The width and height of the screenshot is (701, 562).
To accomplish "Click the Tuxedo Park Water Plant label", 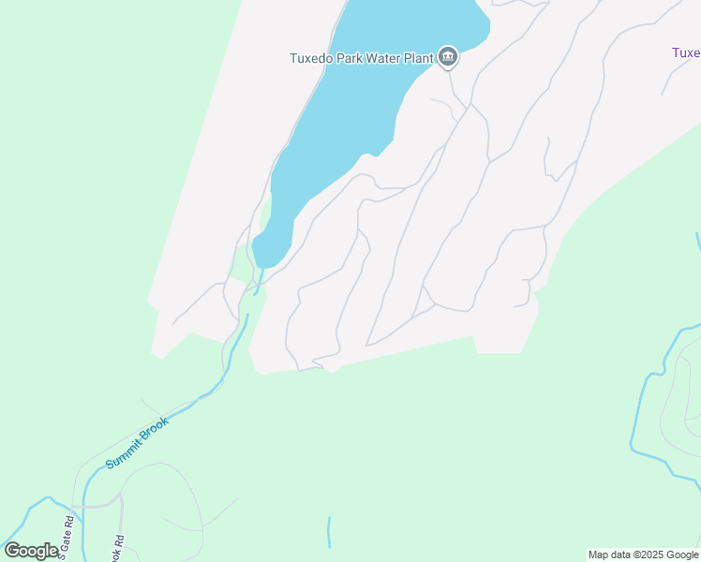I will coord(361,58).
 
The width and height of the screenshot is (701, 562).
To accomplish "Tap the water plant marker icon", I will coord(448,58).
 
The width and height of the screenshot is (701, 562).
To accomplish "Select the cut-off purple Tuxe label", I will coord(686,52).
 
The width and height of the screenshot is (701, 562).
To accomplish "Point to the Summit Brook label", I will coord(137,443).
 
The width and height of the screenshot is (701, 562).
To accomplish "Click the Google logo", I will coord(31,551).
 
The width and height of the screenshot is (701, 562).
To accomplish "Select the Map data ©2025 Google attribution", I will coord(643,555).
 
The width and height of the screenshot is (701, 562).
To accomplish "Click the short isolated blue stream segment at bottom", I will coord(329,531).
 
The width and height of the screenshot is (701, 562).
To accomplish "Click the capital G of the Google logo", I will coord(13,551).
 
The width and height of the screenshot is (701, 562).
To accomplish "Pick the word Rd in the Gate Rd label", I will coord(68,522).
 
